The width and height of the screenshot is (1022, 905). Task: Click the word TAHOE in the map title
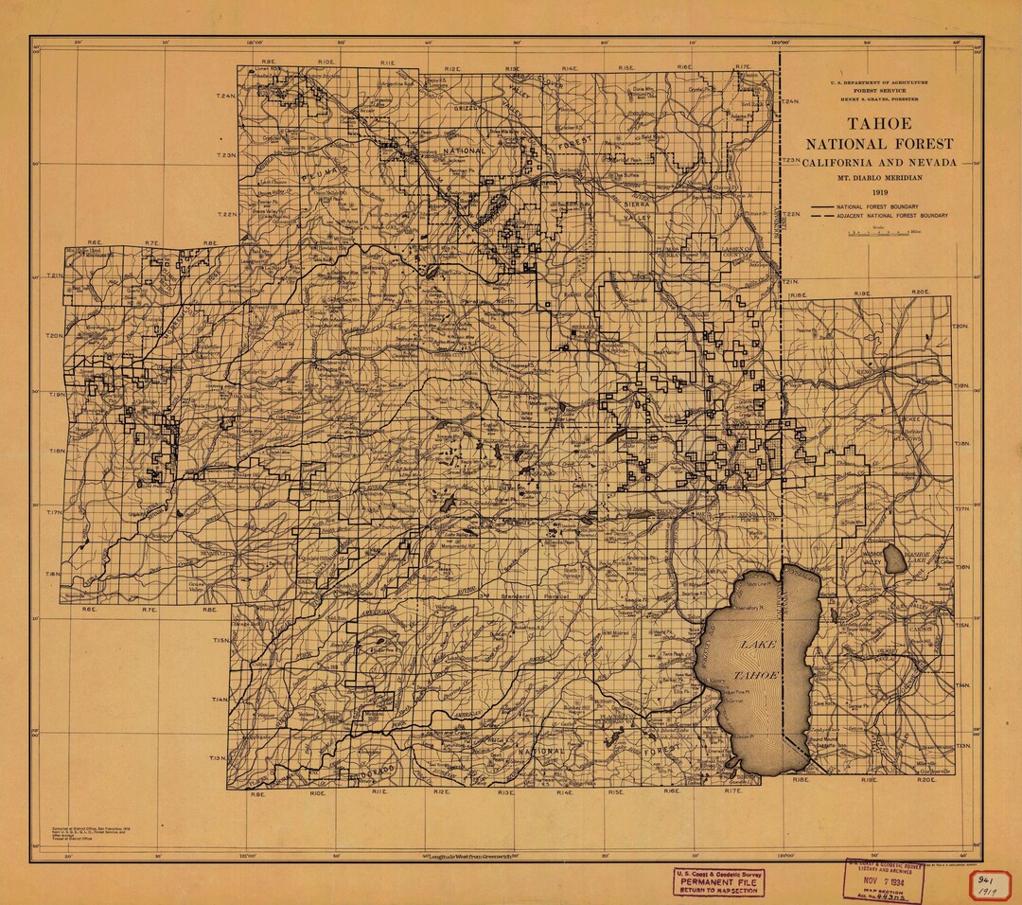879,124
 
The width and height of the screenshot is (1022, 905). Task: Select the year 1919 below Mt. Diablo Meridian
879,192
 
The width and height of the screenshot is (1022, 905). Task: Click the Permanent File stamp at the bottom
718,881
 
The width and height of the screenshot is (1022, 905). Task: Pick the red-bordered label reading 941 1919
989,884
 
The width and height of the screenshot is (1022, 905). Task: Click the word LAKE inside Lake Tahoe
756,645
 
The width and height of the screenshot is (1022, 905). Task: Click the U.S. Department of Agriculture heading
879,82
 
